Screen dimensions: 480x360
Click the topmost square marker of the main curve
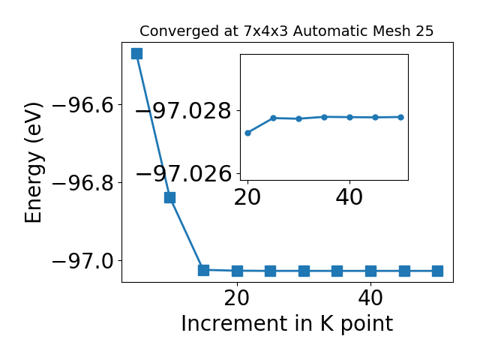click(x=136, y=53)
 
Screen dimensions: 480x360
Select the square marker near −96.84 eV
click(x=170, y=197)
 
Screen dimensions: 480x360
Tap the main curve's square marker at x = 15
click(x=203, y=270)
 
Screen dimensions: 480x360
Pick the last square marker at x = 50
click(x=437, y=271)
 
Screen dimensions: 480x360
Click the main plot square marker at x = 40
click(x=370, y=271)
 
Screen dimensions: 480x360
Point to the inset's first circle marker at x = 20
click(x=248, y=133)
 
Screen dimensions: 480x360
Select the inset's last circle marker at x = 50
click(x=400, y=117)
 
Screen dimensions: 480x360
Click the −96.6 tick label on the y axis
click(x=87, y=106)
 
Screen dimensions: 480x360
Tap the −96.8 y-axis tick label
click(x=87, y=184)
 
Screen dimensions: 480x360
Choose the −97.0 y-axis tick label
click(x=87, y=262)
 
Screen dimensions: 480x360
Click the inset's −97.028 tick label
click(x=183, y=111)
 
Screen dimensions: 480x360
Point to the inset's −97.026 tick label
click(x=183, y=174)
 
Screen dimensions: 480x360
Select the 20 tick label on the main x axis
click(x=237, y=298)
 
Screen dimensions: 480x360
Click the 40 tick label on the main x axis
click(x=370, y=298)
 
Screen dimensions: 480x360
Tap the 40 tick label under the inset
click(x=349, y=197)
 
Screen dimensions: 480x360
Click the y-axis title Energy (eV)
click(x=33, y=163)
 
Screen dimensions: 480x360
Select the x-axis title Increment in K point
click(x=287, y=324)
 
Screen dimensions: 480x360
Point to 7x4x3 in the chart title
click(x=266, y=31)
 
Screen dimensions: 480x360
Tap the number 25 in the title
click(x=424, y=31)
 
